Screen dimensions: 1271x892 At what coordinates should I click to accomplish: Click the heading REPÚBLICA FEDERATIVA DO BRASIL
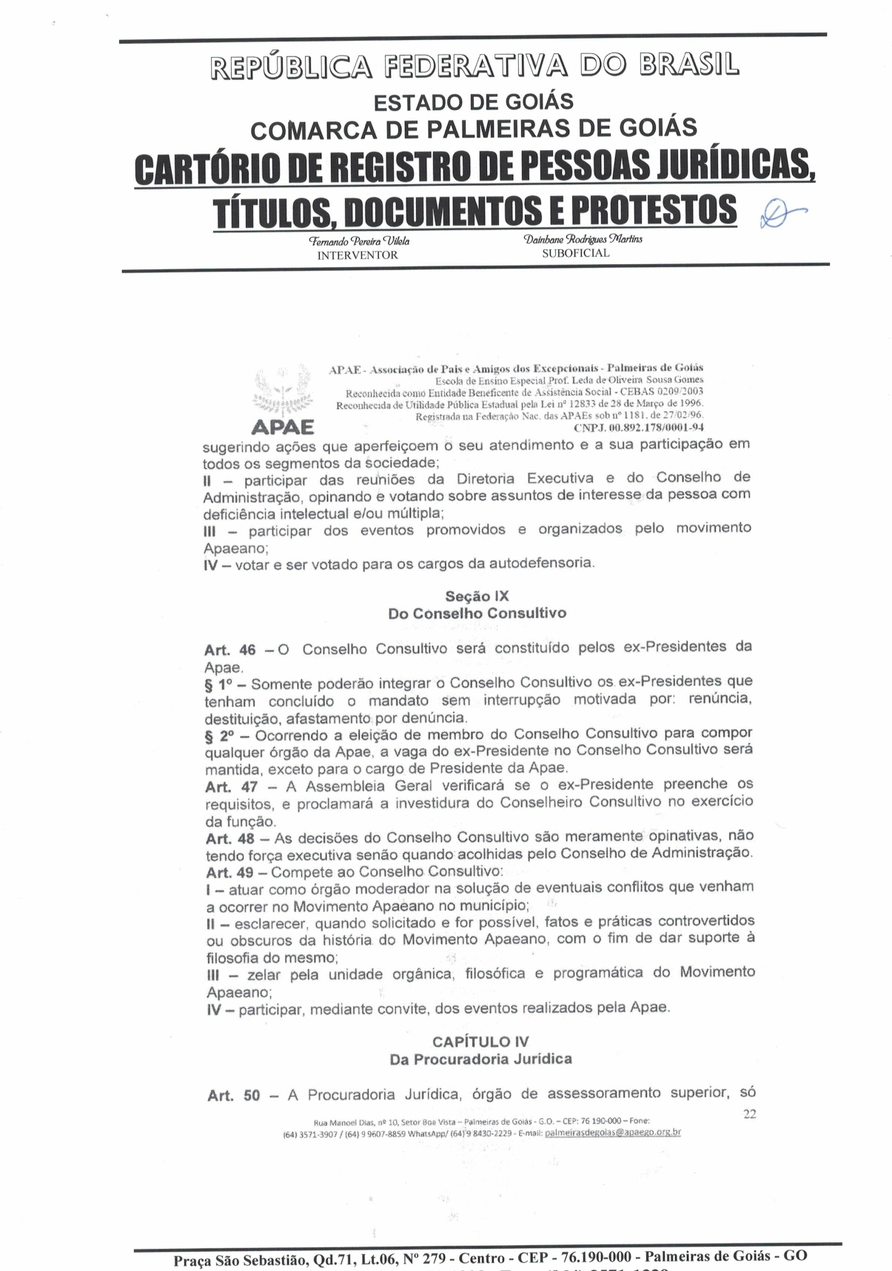click(475, 66)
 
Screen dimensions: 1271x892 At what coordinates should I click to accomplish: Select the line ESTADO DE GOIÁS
click(473, 101)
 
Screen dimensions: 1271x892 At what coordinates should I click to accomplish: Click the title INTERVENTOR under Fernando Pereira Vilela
click(358, 255)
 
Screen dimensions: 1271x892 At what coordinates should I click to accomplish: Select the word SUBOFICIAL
click(576, 253)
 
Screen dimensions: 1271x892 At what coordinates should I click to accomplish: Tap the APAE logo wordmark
click(282, 428)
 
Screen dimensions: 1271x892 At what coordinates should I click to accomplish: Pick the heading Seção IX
click(477, 596)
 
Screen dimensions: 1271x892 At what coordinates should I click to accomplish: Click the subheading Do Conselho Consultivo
click(477, 613)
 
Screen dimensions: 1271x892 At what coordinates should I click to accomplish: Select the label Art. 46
click(230, 650)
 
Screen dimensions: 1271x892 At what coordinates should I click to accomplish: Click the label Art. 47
click(231, 787)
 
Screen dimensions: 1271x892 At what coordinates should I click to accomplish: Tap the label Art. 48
click(230, 839)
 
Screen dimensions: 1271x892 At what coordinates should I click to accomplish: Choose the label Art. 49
click(230, 873)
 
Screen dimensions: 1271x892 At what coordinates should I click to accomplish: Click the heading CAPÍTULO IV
click(480, 1042)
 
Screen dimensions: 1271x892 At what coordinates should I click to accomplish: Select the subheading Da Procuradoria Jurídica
click(480, 1059)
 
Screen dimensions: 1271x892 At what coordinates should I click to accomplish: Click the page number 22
click(749, 1114)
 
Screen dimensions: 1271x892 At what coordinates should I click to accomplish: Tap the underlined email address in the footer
click(612, 1133)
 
